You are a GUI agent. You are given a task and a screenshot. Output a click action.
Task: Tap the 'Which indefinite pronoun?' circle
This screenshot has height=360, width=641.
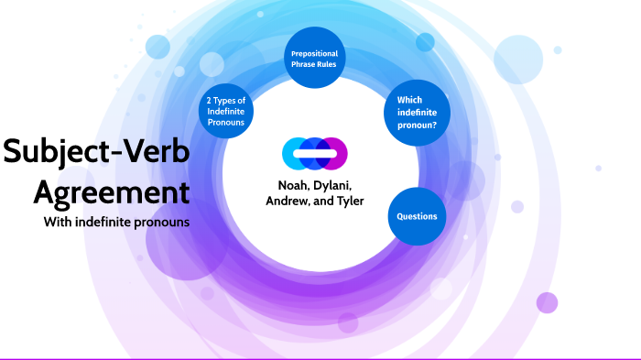(416, 111)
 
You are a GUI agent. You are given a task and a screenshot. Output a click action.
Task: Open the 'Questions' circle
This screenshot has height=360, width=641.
(416, 216)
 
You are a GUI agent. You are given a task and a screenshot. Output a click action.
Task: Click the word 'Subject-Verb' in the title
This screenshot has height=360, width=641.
(96, 152)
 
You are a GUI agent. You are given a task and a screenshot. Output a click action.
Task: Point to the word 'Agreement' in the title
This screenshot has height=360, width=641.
(112, 191)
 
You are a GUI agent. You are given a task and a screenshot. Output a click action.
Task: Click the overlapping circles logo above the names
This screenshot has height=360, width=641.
(315, 152)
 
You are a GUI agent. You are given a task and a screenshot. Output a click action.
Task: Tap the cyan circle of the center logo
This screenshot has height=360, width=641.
(295, 152)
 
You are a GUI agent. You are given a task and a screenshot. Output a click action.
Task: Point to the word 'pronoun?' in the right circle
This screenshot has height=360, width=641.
(417, 122)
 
